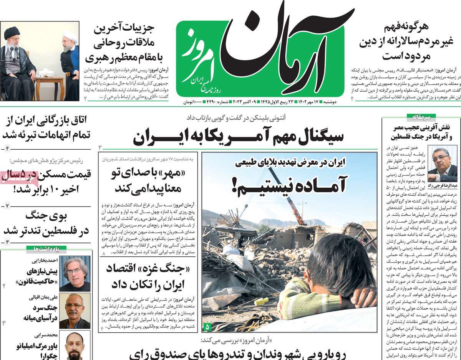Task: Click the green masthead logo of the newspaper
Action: tap(260, 58)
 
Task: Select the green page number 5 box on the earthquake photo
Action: tap(207, 327)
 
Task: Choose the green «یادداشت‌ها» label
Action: tap(46, 249)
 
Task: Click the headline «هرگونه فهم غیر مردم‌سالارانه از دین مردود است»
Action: tap(407, 42)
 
